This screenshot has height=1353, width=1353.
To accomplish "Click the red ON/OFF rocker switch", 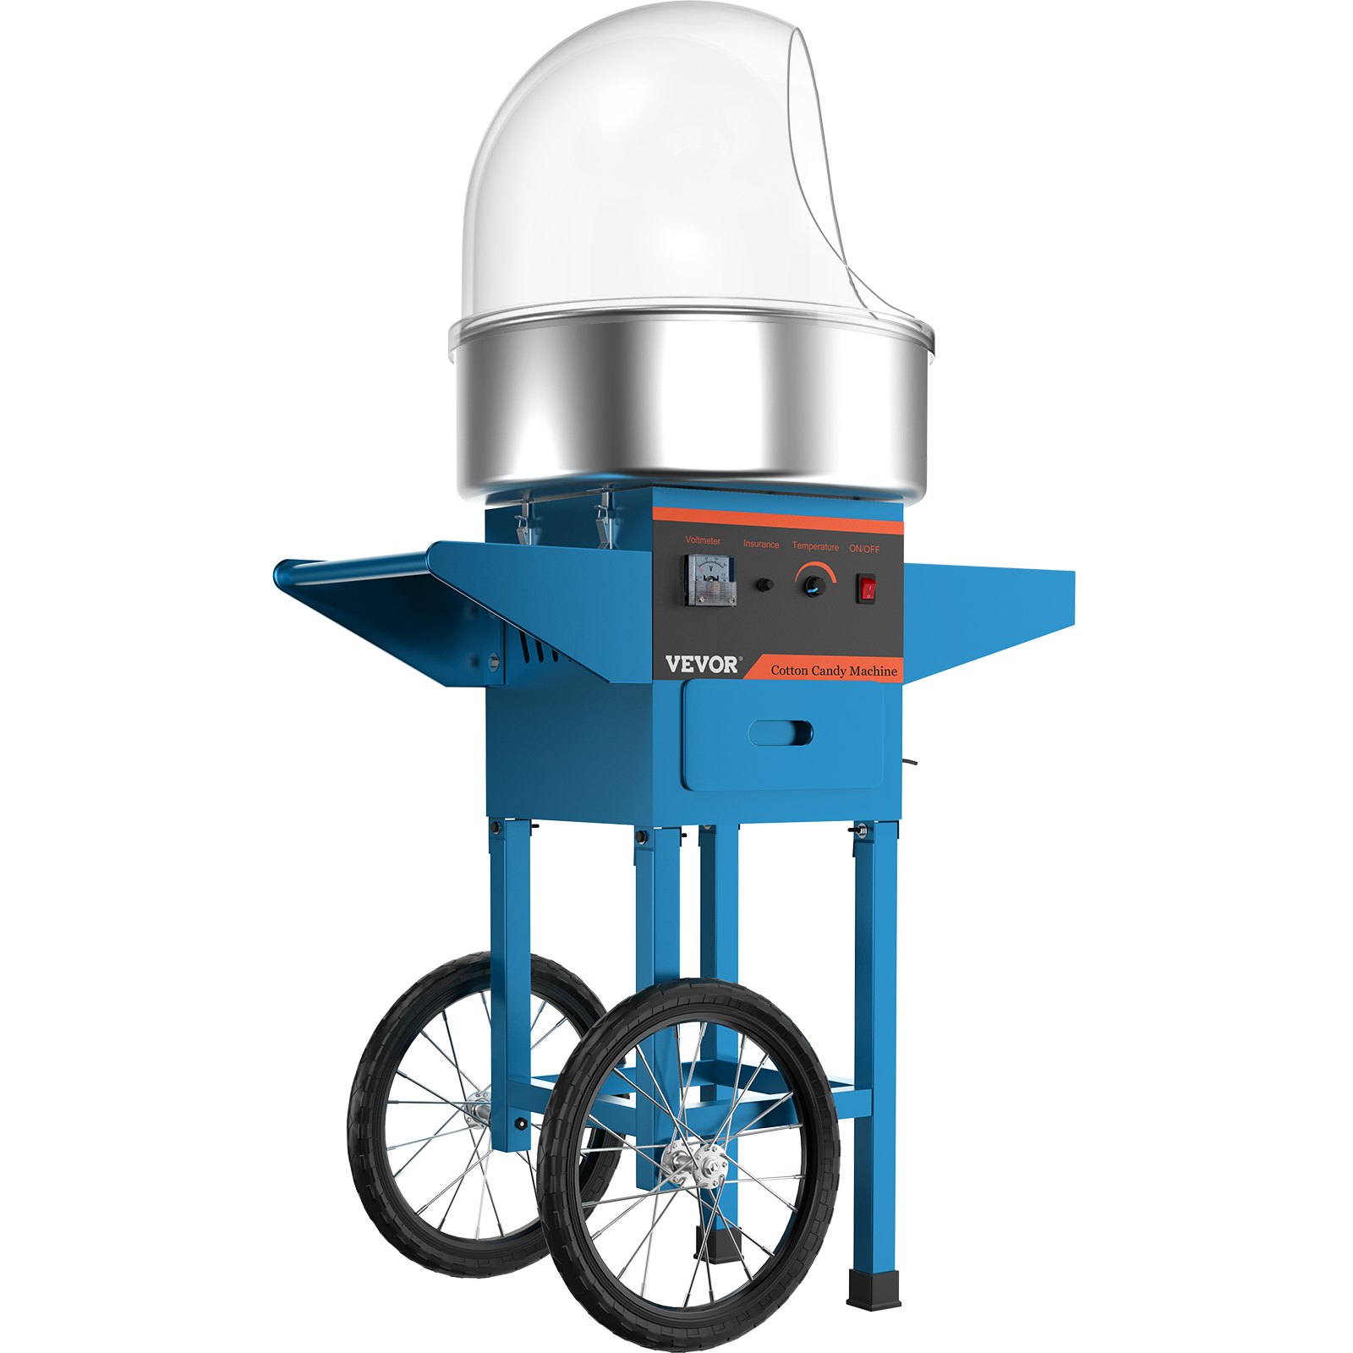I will click(867, 589).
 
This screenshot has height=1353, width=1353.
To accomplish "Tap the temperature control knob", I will click(814, 584).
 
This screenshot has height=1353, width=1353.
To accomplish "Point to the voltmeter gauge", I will click(709, 580).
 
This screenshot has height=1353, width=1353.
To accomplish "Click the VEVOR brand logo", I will click(701, 665).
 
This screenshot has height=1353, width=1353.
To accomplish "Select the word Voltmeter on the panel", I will click(703, 540).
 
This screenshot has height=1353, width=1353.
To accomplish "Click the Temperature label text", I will click(815, 546).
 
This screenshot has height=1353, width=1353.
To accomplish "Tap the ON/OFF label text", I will click(864, 548).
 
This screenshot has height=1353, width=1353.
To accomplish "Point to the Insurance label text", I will click(761, 544).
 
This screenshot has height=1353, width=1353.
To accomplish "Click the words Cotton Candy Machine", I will click(833, 671).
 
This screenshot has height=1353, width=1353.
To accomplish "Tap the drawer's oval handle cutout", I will click(781, 733).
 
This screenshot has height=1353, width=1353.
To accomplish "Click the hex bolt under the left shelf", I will click(492, 660).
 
